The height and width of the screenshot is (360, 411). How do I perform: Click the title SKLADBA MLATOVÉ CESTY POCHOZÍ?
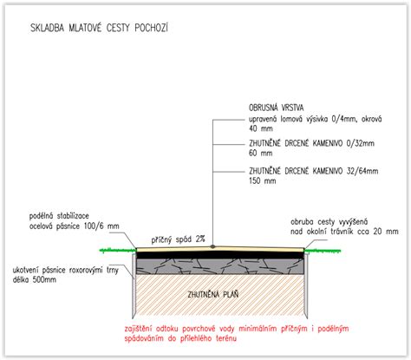(99, 28)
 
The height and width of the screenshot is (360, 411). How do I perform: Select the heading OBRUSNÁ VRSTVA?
(277, 108)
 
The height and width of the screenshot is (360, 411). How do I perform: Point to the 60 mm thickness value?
(261, 153)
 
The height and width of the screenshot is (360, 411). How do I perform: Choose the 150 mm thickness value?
(263, 180)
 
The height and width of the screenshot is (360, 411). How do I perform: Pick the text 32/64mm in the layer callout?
(362, 171)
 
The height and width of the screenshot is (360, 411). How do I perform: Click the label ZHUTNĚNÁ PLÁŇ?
(213, 294)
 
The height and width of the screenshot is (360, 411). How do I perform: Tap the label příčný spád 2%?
(178, 239)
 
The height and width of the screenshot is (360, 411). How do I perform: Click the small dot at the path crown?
(212, 246)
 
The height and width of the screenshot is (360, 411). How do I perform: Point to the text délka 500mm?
(35, 279)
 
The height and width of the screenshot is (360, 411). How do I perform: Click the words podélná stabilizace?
(59, 216)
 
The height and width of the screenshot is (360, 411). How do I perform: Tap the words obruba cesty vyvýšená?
(329, 222)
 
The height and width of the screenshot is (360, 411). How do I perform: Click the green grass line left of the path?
(118, 250)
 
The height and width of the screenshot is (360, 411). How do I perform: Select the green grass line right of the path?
(323, 251)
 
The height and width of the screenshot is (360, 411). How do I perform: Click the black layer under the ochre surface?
(220, 255)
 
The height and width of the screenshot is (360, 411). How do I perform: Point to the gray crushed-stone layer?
(220, 266)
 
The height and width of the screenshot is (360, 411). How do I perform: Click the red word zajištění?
(138, 329)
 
